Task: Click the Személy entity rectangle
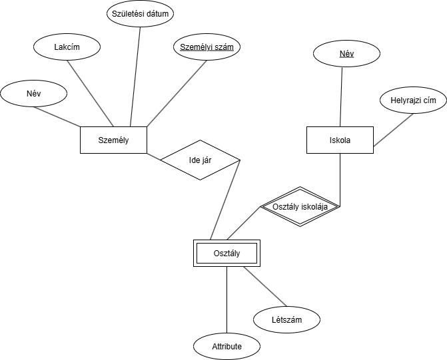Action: point(113,140)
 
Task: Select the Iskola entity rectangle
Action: point(340,140)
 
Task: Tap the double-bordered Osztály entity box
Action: point(226,253)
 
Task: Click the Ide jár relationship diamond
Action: point(200,160)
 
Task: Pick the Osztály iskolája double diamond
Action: point(300,206)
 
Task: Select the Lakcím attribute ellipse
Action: point(67,47)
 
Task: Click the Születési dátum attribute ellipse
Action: point(141,13)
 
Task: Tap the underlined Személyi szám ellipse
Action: point(207,47)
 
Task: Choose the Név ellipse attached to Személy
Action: point(34,94)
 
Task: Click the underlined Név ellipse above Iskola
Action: point(346,53)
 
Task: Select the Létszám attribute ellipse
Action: point(286,320)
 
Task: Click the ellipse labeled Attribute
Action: point(226,347)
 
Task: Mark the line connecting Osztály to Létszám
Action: point(264,287)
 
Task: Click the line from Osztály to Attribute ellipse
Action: point(226,299)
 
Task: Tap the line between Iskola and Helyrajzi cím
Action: point(394,130)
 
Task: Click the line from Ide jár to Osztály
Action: point(225,200)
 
